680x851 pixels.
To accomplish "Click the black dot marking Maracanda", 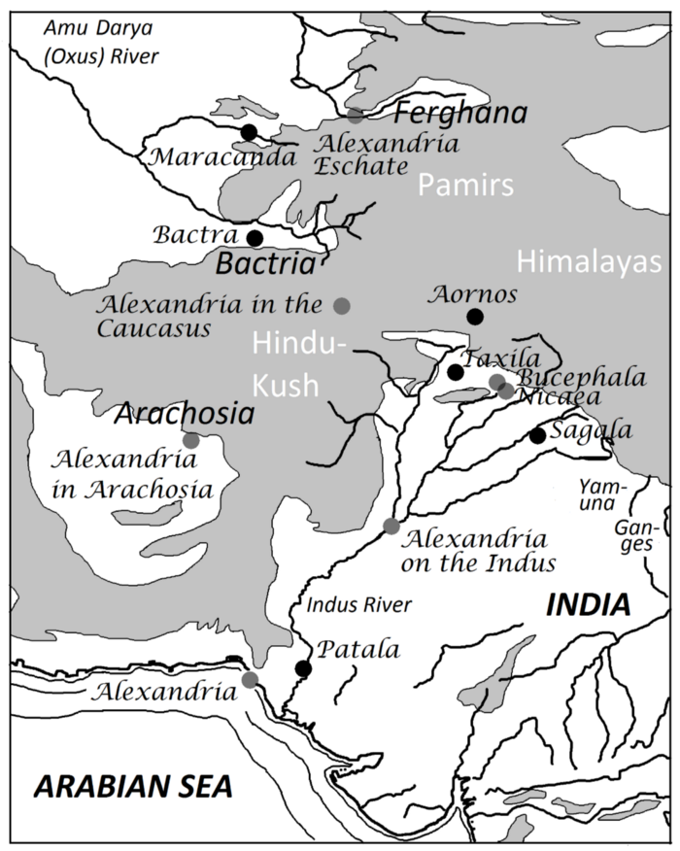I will coord(249,131).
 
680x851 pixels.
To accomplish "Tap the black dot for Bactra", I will coord(255,238).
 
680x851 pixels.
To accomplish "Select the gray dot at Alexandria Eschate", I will coord(357,116).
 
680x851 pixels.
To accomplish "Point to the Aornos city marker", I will coord(474,317).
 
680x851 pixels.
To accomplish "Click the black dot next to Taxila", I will coord(455,372).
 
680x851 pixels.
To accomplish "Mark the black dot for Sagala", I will coord(537,435).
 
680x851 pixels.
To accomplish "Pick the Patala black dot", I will coord(303,668).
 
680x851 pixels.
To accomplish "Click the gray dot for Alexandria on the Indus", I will coord(391,527).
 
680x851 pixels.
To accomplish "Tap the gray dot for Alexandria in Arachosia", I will coord(191,440).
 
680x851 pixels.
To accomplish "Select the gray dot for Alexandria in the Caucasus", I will coord(341,306).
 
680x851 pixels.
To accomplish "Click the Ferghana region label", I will coord(459,115).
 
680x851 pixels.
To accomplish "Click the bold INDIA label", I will coord(588,605).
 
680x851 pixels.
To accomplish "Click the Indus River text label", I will coord(358,605).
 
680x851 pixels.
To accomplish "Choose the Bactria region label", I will coord(266,264).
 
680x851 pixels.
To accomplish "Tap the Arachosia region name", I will coord(185,415).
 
